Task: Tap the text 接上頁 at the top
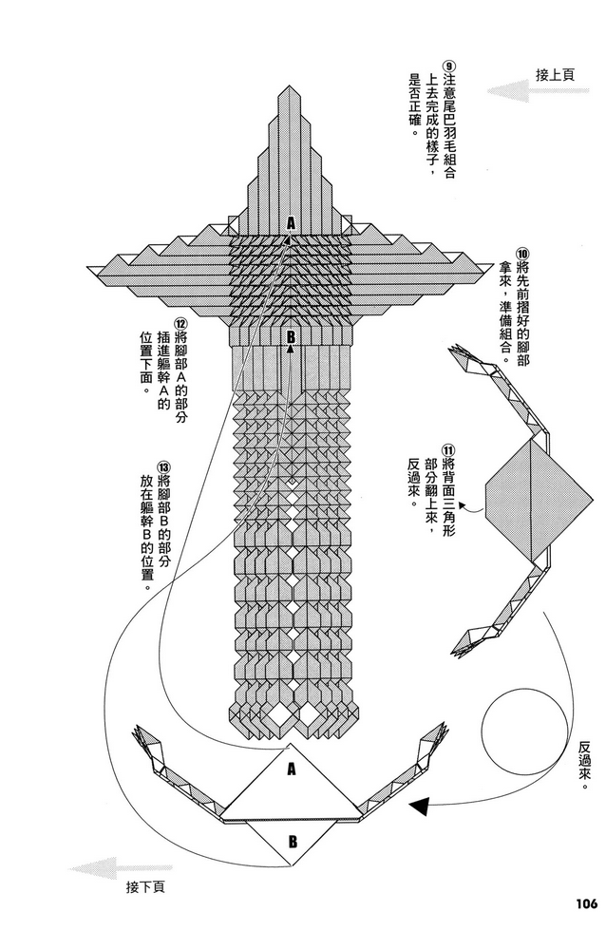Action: [x=555, y=74]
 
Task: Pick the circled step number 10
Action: [x=521, y=255]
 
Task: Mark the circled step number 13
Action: [x=164, y=467]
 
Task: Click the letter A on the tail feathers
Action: [x=293, y=222]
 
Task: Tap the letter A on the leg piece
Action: [x=291, y=770]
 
